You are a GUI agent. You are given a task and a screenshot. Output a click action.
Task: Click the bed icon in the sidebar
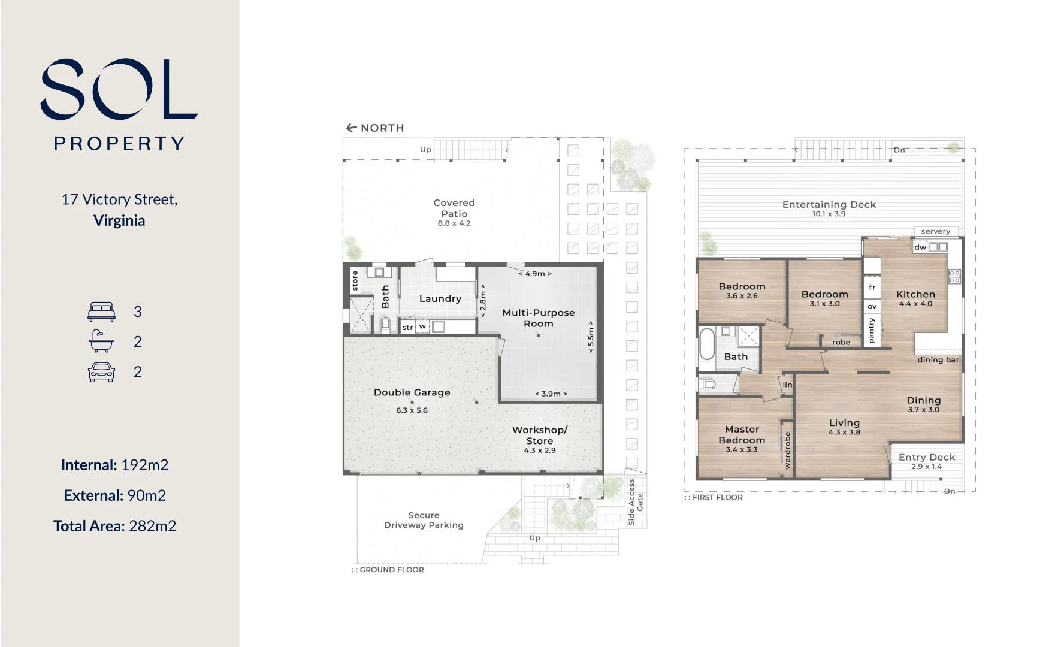click(x=101, y=312)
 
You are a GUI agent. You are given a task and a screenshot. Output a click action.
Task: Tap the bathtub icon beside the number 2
click(x=101, y=341)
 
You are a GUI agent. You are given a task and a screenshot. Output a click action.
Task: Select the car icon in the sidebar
click(x=101, y=372)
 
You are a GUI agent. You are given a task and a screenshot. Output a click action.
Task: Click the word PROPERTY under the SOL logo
click(x=119, y=144)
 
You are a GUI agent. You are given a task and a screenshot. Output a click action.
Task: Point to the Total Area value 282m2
click(x=152, y=526)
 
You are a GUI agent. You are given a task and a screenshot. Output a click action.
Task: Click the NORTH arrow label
click(x=376, y=128)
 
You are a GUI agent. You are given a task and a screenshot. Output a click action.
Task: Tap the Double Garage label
click(x=412, y=392)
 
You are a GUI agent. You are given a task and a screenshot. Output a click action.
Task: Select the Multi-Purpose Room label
click(x=538, y=318)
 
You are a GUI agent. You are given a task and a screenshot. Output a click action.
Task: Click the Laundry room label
click(x=440, y=298)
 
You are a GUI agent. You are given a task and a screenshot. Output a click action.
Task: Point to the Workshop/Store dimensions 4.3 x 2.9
click(x=539, y=451)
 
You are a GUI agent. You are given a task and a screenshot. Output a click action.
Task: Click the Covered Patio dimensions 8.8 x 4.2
click(x=454, y=223)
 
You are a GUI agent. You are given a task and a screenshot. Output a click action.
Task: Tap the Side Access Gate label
click(x=635, y=502)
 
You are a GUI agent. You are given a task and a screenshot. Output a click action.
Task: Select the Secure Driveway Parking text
click(x=424, y=520)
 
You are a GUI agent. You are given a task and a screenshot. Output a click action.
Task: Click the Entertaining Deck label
click(x=829, y=204)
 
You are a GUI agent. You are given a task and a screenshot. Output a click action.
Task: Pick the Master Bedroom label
click(x=742, y=434)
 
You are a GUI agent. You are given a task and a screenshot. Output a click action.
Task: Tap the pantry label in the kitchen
click(x=872, y=330)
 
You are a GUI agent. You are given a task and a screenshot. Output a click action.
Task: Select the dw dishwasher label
click(x=920, y=247)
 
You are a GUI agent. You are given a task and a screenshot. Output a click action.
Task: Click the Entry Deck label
click(x=926, y=457)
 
